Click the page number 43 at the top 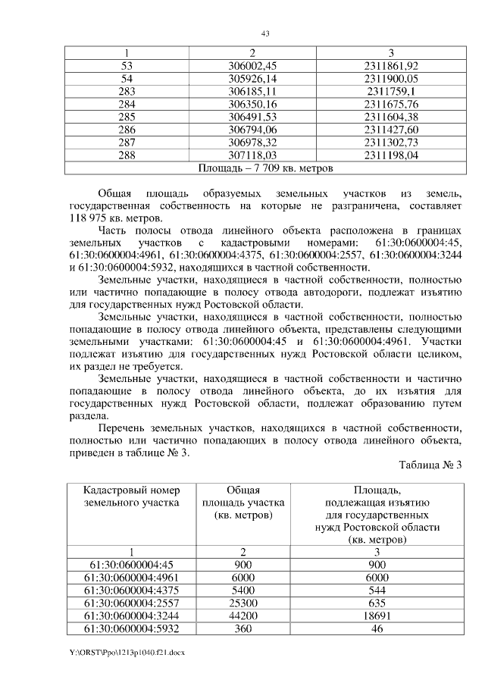point(265,33)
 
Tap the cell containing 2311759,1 point(391,91)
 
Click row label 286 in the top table point(127,130)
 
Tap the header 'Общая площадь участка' point(243,503)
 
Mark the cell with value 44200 point(243,616)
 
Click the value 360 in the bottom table point(243,628)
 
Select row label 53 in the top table point(127,66)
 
